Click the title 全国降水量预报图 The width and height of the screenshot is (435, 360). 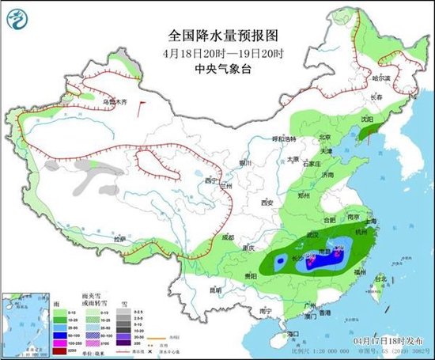pos(217,35)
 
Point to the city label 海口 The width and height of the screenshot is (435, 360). pos(295,334)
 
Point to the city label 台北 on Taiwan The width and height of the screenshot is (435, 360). pos(380,279)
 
